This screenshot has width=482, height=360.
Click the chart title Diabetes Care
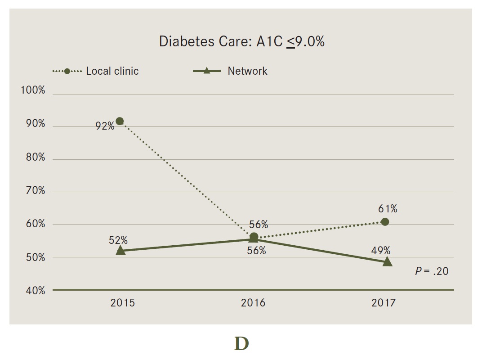click(x=241, y=41)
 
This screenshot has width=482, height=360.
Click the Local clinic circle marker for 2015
click(x=120, y=121)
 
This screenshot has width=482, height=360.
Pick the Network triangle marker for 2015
click(x=120, y=250)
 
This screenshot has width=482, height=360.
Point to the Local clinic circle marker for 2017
click(x=385, y=222)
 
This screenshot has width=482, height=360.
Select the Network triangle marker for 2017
click(x=387, y=262)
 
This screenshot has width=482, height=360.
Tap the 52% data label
click(x=118, y=240)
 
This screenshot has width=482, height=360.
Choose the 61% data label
click(x=388, y=209)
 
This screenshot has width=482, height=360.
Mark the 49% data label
click(x=381, y=251)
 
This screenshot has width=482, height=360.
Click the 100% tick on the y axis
click(x=33, y=90)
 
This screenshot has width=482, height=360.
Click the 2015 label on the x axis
click(x=122, y=303)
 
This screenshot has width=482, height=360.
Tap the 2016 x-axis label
click(x=253, y=303)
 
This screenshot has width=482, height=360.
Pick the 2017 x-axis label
click(x=384, y=303)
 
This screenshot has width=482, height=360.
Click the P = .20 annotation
click(x=432, y=271)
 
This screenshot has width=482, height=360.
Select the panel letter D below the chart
click(x=241, y=344)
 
